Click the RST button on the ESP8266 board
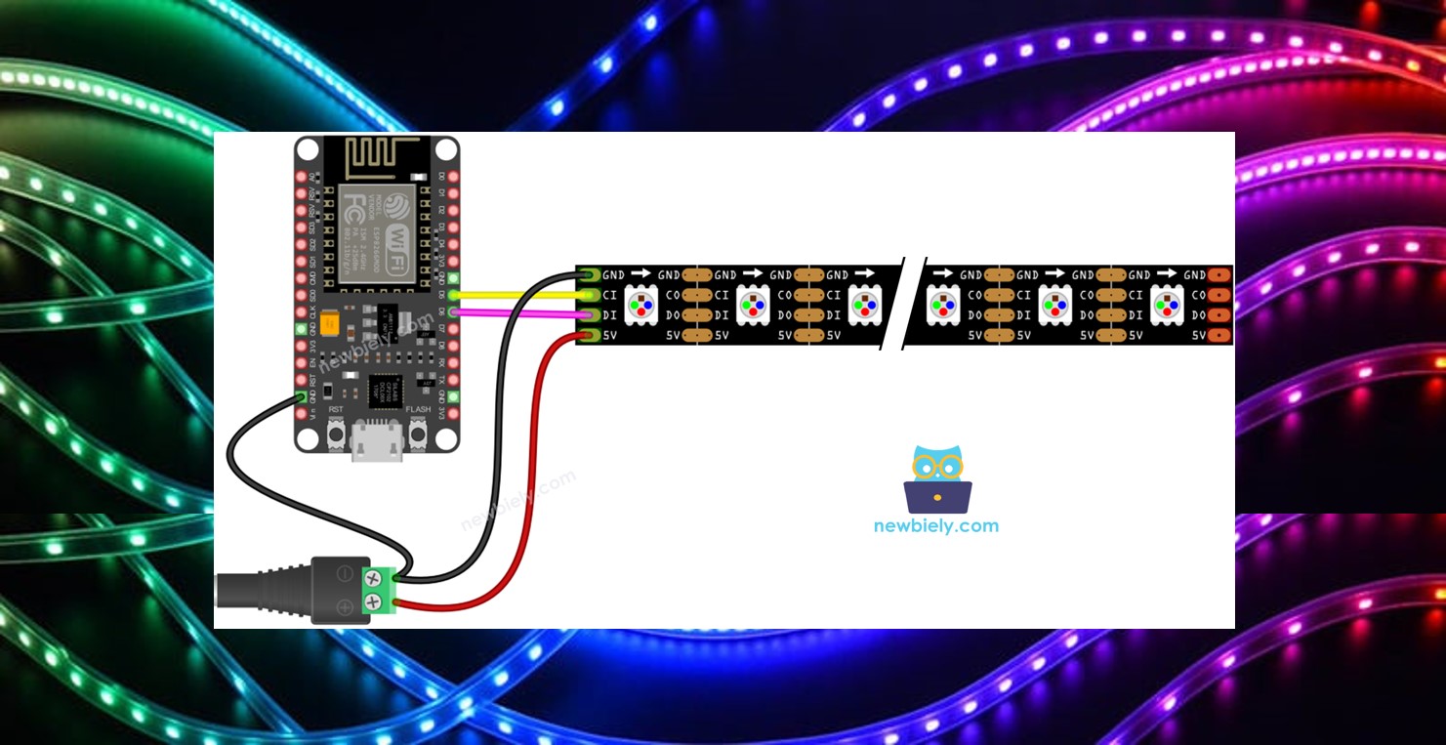(336, 431)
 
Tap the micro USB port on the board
(377, 445)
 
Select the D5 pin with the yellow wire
(453, 294)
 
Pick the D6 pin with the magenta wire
(453, 311)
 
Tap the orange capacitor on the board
(329, 322)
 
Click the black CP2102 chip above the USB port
(385, 391)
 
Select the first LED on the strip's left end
(640, 305)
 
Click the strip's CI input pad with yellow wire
(588, 295)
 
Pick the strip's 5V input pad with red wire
(588, 336)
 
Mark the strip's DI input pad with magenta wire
(588, 315)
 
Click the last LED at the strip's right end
(1166, 305)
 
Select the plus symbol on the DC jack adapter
(345, 607)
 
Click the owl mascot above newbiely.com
(937, 479)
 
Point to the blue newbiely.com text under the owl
(936, 525)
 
